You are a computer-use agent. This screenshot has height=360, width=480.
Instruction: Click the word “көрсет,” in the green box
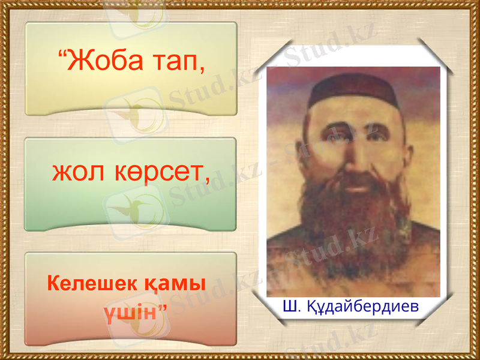158,174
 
